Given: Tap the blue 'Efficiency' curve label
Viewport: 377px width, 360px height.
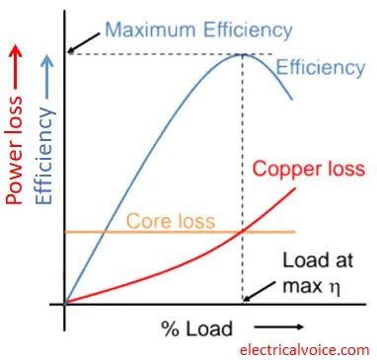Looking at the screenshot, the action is [320, 68].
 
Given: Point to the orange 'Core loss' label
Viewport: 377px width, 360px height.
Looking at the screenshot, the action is [170, 221].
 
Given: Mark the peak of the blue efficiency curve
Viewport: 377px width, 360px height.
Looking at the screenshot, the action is [243, 53].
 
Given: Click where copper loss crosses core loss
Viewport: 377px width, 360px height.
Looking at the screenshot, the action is [243, 232].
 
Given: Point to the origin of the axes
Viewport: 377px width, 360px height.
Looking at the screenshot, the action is [65, 304].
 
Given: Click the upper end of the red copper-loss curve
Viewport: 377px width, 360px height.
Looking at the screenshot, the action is [295, 187].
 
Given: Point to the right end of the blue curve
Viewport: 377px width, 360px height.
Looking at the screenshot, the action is [292, 99].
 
